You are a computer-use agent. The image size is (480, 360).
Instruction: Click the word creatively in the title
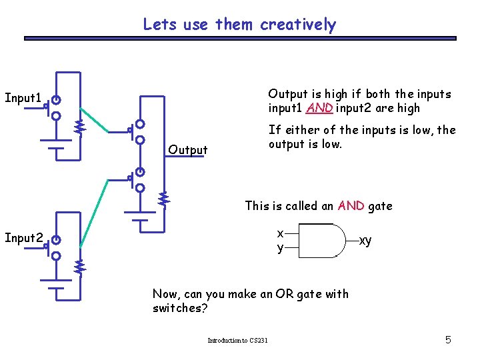click(298, 25)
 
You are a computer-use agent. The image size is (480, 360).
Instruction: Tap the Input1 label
click(23, 98)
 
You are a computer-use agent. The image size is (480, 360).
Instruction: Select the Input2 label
click(23, 237)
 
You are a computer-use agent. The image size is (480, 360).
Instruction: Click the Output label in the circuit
click(188, 150)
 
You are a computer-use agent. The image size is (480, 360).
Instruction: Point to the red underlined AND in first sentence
click(320, 108)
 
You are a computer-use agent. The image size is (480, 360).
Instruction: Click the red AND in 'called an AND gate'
click(351, 206)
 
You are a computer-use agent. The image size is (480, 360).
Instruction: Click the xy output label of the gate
click(365, 240)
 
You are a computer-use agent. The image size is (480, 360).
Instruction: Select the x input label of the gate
click(281, 233)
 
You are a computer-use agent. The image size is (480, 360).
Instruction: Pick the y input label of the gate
click(281, 248)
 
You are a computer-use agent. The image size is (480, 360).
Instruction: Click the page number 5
click(448, 340)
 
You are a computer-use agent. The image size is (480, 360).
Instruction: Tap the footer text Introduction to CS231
click(237, 341)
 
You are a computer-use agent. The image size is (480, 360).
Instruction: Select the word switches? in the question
click(180, 309)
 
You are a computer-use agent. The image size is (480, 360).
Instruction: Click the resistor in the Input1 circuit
click(79, 125)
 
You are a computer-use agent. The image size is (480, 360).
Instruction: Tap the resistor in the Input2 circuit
click(79, 267)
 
